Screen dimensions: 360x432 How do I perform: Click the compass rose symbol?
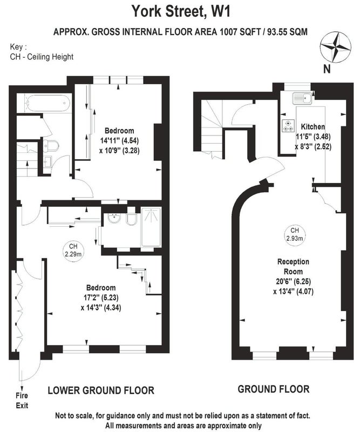[x=336, y=47]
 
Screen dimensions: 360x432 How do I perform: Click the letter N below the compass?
[x=327, y=69]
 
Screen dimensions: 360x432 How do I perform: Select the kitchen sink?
[x=302, y=98]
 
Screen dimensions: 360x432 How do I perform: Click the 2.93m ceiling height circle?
[x=295, y=234]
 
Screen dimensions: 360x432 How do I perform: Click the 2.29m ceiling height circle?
[x=73, y=251]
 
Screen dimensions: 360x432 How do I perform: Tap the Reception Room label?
[x=293, y=266]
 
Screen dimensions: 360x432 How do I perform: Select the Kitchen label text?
[x=313, y=127]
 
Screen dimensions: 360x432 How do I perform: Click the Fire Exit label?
[x=22, y=400]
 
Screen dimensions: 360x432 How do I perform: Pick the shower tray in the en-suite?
[x=151, y=227]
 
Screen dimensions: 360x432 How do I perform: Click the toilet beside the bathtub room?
[x=51, y=145]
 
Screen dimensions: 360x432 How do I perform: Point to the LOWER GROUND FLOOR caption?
[x=101, y=390]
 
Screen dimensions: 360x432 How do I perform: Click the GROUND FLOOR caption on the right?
[x=274, y=389]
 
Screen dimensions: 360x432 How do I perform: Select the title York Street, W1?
[x=181, y=11]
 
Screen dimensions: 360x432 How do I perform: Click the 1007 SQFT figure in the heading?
[x=240, y=32]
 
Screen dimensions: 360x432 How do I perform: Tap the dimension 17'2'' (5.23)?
[x=101, y=298]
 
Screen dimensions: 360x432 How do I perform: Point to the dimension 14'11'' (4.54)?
[x=119, y=140]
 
